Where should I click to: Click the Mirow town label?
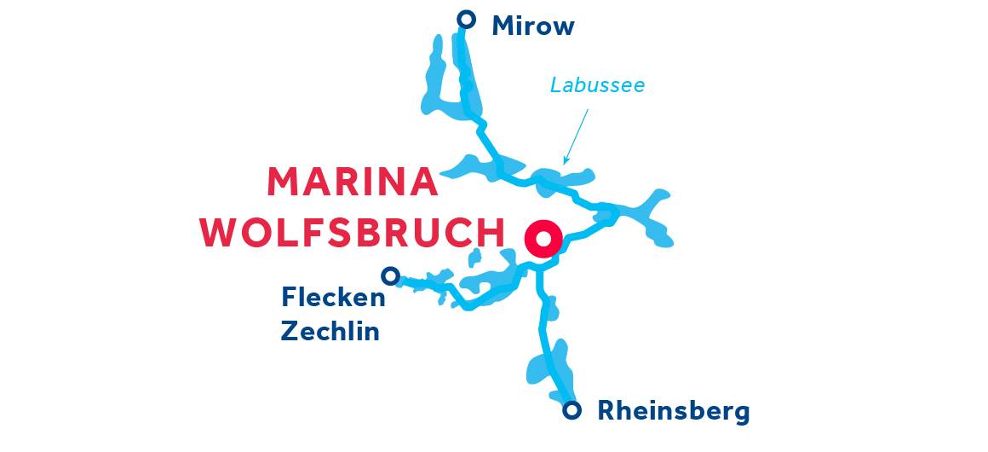click(533, 26)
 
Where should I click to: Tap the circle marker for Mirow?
click(466, 19)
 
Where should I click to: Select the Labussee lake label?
click(597, 85)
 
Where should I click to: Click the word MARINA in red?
click(353, 183)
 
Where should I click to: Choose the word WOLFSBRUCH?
click(353, 233)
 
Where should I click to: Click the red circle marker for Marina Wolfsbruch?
click(543, 239)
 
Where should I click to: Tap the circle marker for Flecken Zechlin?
click(390, 275)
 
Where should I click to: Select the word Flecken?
click(333, 298)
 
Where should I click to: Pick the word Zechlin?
click(330, 331)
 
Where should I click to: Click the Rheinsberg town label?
click(673, 411)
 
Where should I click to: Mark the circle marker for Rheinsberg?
click(573, 410)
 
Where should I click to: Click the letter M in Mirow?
click(503, 26)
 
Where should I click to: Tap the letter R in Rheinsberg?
click(606, 411)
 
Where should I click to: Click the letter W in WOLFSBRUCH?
click(220, 233)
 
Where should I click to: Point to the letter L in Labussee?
click(554, 85)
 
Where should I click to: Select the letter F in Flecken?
click(289, 298)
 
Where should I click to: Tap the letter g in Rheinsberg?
click(741, 414)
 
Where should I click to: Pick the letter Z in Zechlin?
click(290, 331)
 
